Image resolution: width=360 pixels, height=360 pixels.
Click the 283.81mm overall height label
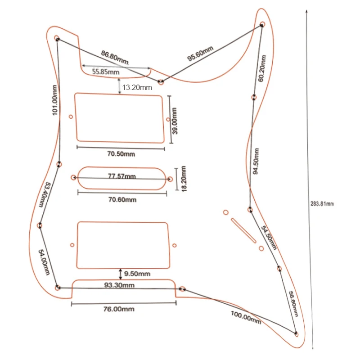pos(322,203)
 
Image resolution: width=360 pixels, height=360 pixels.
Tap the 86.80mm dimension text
pos(115,57)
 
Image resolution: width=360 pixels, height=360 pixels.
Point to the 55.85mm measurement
pos(106,72)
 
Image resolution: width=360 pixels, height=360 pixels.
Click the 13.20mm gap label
pos(137,87)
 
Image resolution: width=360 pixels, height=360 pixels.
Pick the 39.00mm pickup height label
pos(175,120)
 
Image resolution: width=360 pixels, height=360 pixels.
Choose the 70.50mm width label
pos(121,154)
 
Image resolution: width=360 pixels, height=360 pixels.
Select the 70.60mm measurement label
pos(121,200)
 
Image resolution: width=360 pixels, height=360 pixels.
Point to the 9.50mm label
pos(138,274)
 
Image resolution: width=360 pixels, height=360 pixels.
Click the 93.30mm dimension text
pos(120,285)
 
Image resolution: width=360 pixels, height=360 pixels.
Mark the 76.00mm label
pos(119,309)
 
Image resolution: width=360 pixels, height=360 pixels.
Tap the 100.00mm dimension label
pos(246,318)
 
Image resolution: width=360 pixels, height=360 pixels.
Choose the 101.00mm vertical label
pos(55,100)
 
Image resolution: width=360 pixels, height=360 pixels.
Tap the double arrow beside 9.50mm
pos(120,273)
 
